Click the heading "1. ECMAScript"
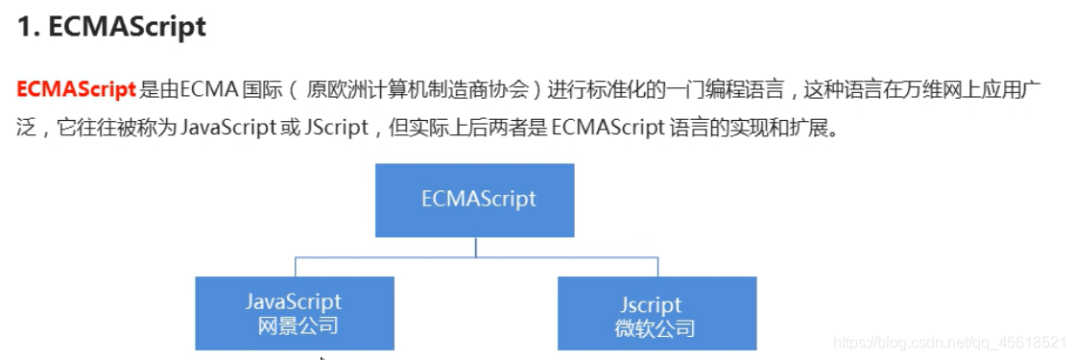pos(111,27)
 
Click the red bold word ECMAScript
pos(76,90)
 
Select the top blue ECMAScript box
pos(476,200)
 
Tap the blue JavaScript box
pos(295,314)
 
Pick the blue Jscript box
pos(656,314)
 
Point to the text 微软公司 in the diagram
pos(656,328)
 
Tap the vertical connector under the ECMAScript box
pos(476,247)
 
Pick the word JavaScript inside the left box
pos(294,302)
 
